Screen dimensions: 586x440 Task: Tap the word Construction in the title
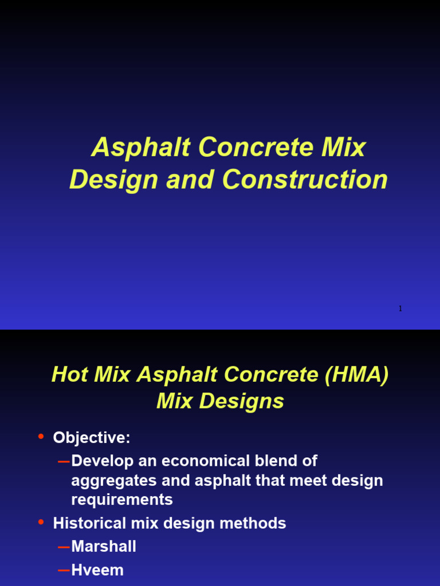[305, 180]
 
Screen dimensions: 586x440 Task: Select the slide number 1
[400, 309]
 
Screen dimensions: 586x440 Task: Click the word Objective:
[92, 438]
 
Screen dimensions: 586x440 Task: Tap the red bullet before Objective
[41, 437]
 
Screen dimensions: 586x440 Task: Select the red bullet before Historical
[41, 522]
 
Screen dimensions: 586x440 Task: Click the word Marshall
[104, 547]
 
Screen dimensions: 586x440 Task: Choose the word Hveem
[97, 570]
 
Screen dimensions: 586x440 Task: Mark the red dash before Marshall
[64, 547]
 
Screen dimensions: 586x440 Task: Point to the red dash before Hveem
[64, 571]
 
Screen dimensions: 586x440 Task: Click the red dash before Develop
[64, 461]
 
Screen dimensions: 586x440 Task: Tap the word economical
[217, 461]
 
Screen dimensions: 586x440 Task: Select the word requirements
[121, 500]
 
